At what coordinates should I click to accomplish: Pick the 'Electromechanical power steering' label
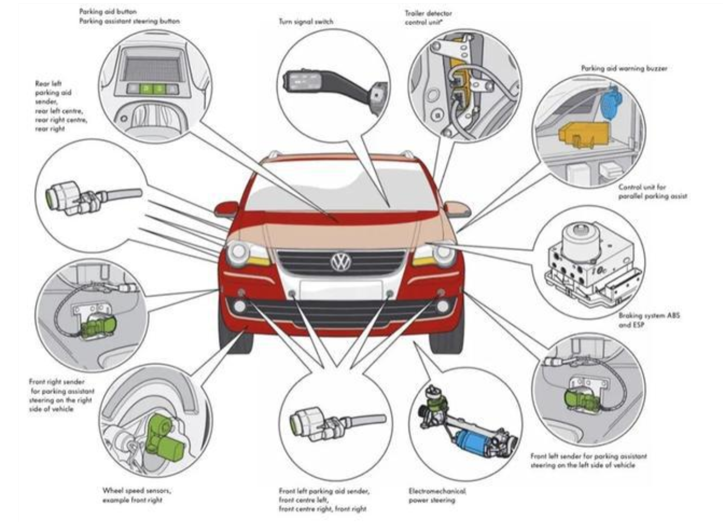437,495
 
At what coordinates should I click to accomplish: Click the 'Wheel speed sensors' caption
137,495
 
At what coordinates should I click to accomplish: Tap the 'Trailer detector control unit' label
428,17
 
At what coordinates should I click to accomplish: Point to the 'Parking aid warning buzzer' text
623,68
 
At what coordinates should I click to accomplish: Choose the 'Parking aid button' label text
108,11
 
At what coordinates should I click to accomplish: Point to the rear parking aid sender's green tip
50,196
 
